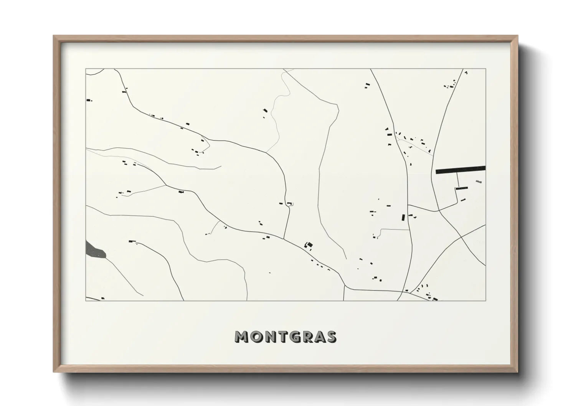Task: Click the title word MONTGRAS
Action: pyautogui.click(x=286, y=337)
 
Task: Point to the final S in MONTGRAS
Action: pyautogui.click(x=331, y=337)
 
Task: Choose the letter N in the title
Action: pyautogui.click(x=271, y=337)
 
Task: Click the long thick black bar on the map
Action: pyautogui.click(x=461, y=170)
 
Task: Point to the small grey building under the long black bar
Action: pyautogui.click(x=478, y=181)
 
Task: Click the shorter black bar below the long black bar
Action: pyautogui.click(x=462, y=188)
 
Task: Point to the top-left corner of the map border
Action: pyautogui.click(x=86, y=69)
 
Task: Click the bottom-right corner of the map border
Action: pyautogui.click(x=486, y=300)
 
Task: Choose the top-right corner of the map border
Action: pyautogui.click(x=486, y=69)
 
